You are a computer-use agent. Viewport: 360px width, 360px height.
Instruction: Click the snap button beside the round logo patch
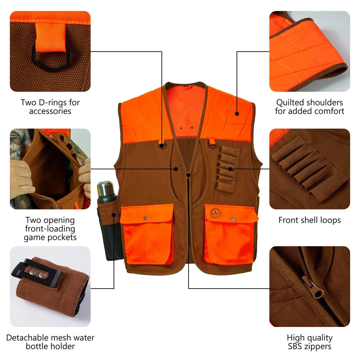[234, 218]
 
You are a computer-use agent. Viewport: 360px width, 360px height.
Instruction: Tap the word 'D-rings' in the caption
[51, 102]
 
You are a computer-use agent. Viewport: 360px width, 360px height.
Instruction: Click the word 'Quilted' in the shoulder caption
[290, 102]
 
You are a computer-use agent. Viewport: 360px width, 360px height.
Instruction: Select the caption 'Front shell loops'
[310, 220]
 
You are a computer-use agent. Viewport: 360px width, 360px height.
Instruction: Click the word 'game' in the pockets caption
[33, 237]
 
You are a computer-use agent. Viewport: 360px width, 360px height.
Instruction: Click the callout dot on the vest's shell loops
[230, 169]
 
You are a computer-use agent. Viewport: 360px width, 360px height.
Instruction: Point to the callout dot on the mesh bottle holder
[114, 215]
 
